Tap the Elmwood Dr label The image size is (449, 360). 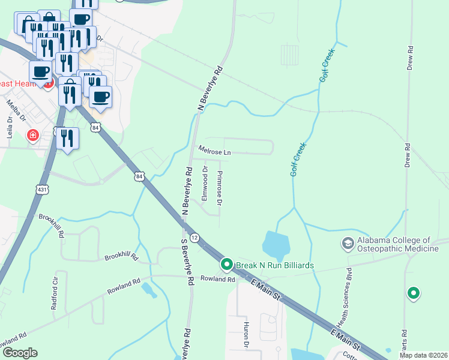click(205, 182)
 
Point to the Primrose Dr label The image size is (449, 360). click(220, 188)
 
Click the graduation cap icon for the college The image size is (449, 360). click(348, 244)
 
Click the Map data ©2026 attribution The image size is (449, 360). click(424, 355)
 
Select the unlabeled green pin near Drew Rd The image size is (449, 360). click(413, 293)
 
